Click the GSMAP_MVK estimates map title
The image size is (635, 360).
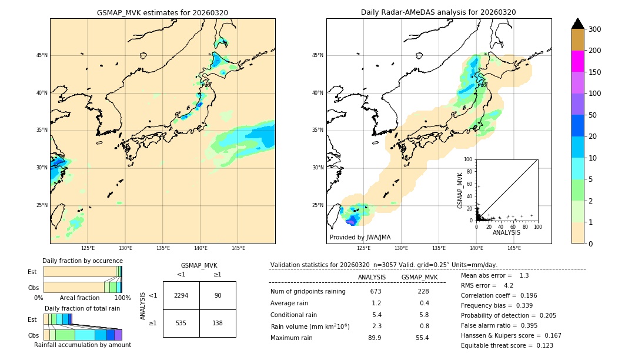(x=162, y=12)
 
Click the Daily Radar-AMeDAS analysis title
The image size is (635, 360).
(x=439, y=12)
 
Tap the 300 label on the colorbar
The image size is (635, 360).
(x=594, y=29)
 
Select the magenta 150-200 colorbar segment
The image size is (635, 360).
(x=577, y=61)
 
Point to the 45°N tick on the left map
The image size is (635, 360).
(x=42, y=55)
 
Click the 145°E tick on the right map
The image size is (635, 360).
(x=514, y=248)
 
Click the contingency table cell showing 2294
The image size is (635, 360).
(x=181, y=295)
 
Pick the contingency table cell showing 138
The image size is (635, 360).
(x=218, y=323)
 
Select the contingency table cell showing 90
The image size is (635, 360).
(x=218, y=295)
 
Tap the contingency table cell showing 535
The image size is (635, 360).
(x=181, y=323)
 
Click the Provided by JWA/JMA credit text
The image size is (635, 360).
(x=360, y=238)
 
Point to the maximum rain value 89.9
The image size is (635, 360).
(x=375, y=338)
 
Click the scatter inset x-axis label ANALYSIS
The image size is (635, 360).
(x=506, y=233)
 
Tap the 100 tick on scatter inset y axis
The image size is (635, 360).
(x=469, y=159)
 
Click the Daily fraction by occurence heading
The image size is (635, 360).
(x=82, y=261)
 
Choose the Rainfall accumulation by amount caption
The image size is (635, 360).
(x=82, y=345)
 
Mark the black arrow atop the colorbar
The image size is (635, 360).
(x=577, y=24)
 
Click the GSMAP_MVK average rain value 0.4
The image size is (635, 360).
(x=424, y=303)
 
